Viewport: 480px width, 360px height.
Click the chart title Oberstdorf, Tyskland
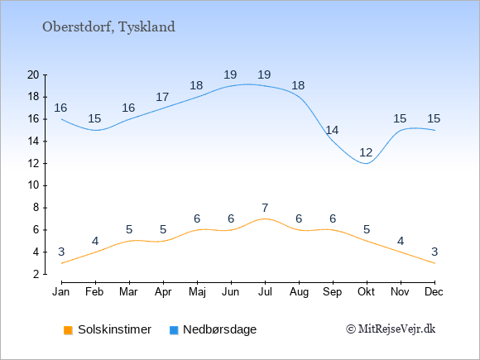(x=108, y=27)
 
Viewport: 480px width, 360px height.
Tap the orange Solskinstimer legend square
(x=68, y=330)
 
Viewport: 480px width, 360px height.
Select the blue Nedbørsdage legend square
(x=174, y=330)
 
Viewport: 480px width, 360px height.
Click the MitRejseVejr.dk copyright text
(x=391, y=329)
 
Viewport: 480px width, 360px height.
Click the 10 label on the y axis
(x=33, y=185)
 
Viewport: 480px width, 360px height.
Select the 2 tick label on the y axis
(x=36, y=274)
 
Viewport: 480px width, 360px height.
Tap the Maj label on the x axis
(x=197, y=292)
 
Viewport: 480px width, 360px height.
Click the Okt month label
(x=366, y=292)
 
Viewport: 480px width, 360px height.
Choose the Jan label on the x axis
(x=61, y=292)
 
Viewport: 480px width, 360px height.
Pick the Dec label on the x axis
(x=434, y=292)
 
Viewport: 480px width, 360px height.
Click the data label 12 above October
(x=366, y=152)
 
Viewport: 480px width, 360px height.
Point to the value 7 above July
(x=265, y=208)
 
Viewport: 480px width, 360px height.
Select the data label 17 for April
(x=162, y=97)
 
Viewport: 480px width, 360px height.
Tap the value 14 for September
(x=332, y=130)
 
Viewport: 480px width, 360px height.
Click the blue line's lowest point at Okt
(x=367, y=164)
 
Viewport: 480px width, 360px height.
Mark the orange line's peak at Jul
(x=265, y=218)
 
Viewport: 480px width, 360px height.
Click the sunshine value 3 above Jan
(x=61, y=252)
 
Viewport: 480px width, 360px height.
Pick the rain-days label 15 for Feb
(x=94, y=118)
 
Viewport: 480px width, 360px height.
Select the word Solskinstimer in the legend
(x=114, y=329)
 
